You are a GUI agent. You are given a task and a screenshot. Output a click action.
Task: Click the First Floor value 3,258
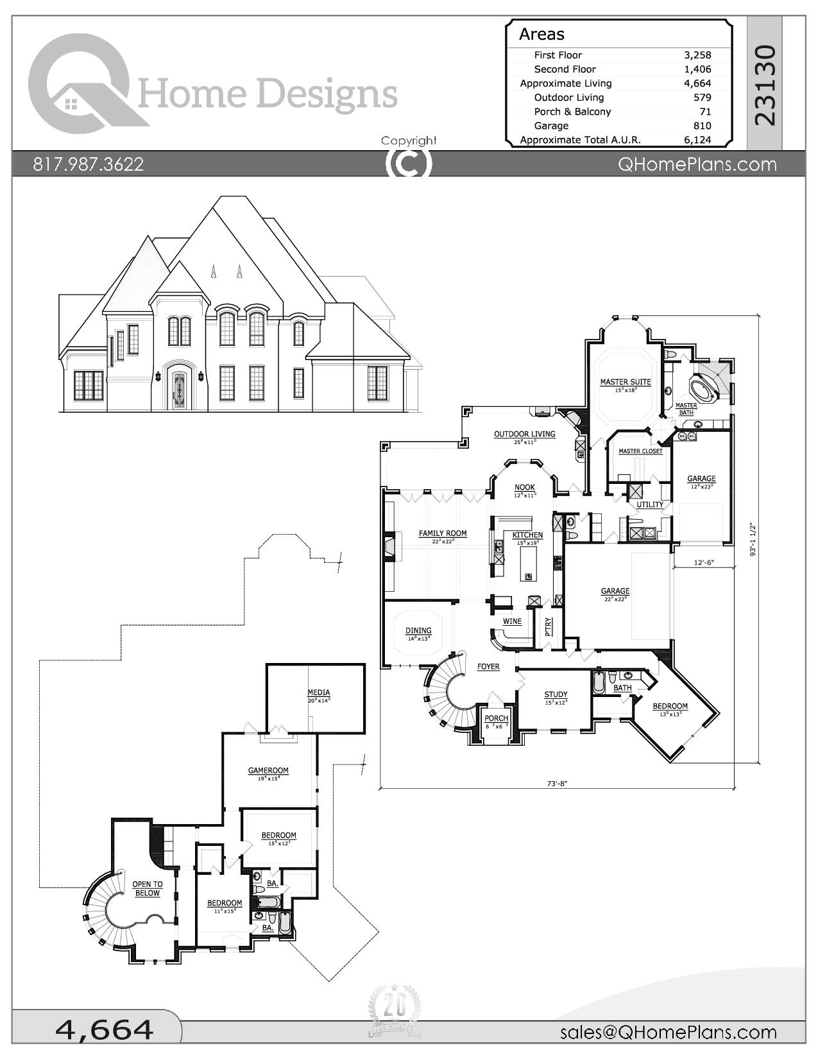(x=697, y=55)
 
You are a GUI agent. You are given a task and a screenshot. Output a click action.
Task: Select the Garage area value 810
(x=702, y=126)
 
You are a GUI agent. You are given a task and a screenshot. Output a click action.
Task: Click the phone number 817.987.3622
(x=89, y=164)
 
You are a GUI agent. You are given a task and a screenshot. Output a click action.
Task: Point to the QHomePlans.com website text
(x=697, y=164)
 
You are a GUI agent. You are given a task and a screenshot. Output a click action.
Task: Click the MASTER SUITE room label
(x=626, y=382)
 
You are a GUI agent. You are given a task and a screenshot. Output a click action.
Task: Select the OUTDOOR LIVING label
(x=524, y=435)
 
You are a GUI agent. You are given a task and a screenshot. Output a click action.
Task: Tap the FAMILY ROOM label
(x=443, y=533)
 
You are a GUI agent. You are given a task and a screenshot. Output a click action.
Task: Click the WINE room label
(x=512, y=621)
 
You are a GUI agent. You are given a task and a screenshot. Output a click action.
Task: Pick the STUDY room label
(x=556, y=694)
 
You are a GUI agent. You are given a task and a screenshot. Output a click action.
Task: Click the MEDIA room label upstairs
(x=319, y=693)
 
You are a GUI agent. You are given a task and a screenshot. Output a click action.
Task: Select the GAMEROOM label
(x=268, y=771)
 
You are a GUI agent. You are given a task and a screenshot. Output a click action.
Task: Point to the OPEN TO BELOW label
(x=148, y=888)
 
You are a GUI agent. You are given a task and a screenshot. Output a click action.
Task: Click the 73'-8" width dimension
(x=557, y=783)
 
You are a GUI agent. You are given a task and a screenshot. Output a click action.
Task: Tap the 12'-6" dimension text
(x=704, y=562)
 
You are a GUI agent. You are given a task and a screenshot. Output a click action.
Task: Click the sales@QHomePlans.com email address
(x=668, y=1032)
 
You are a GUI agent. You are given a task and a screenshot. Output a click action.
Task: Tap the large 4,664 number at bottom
(x=105, y=1029)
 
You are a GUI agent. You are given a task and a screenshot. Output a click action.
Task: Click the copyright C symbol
(x=409, y=163)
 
